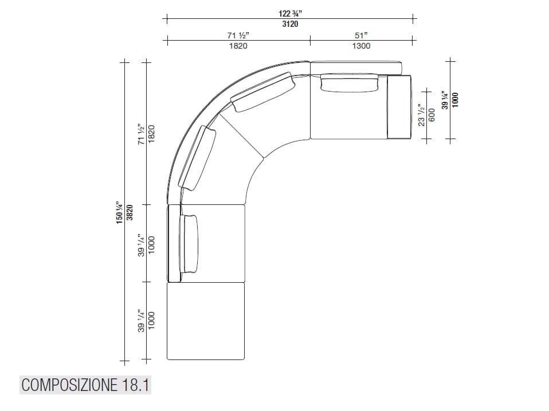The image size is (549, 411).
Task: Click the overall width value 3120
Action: [289, 24]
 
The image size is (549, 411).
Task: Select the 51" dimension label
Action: [361, 35]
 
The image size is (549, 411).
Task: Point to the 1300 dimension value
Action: [361, 46]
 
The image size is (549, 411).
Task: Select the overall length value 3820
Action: [130, 212]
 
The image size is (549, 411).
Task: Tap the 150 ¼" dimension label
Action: [120, 212]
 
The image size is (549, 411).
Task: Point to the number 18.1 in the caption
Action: [135, 385]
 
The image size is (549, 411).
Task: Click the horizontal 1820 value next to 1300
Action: [238, 46]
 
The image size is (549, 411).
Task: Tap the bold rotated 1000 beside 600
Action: [455, 99]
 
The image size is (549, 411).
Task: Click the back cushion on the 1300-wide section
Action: [350, 82]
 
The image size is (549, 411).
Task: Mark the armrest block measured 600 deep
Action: [399, 106]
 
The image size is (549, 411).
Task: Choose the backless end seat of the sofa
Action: [206, 321]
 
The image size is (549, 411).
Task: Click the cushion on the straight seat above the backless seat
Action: [189, 243]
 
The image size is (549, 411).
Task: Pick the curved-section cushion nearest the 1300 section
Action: [264, 94]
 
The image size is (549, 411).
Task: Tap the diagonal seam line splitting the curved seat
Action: [241, 133]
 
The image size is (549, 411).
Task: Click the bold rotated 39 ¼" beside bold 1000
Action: [445, 99]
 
